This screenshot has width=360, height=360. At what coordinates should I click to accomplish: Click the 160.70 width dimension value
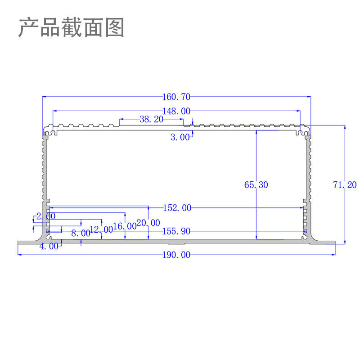click(x=176, y=97)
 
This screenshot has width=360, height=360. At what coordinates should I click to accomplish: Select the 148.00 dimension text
click(x=176, y=111)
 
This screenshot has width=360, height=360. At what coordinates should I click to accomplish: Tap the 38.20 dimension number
click(x=151, y=119)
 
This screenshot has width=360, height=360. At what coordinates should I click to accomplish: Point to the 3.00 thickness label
click(x=180, y=137)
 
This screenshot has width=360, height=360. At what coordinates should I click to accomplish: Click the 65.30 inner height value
click(x=256, y=184)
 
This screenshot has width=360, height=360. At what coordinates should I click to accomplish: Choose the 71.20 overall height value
click(x=345, y=184)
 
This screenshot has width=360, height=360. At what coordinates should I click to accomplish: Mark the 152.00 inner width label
click(x=176, y=208)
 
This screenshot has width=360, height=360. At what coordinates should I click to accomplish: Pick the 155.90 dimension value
click(x=176, y=231)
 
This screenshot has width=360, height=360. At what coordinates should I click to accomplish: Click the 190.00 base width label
click(x=176, y=255)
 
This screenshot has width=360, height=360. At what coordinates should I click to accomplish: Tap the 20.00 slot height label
click(x=148, y=223)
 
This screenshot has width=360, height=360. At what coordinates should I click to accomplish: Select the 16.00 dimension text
click(x=125, y=226)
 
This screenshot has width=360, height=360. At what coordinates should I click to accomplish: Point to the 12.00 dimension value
click(x=102, y=229)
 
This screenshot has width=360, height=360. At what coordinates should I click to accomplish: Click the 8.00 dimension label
click(x=81, y=233)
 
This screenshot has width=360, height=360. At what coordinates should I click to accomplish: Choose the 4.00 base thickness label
click(x=49, y=246)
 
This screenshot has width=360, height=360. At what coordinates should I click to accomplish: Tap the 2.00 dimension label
click(x=45, y=216)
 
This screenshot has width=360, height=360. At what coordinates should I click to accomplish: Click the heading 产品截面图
click(x=71, y=28)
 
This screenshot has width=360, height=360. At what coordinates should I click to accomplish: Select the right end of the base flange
click(x=334, y=243)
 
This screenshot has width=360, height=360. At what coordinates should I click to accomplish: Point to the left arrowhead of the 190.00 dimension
click(x=20, y=255)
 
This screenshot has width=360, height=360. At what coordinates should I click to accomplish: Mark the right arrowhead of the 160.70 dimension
click(x=309, y=97)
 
